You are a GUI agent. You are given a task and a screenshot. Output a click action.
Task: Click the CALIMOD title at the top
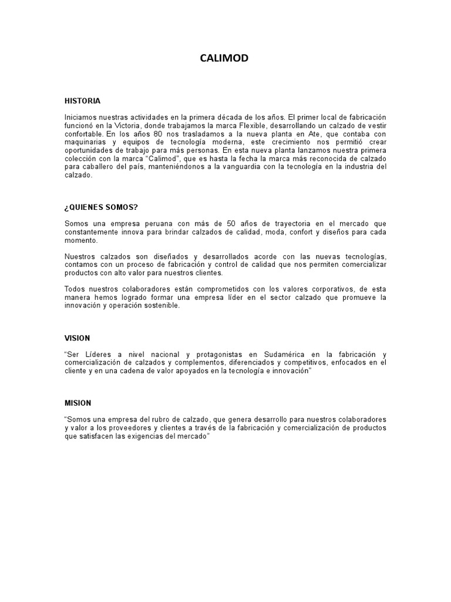[225, 58]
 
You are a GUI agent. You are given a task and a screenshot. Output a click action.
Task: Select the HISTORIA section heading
[82, 101]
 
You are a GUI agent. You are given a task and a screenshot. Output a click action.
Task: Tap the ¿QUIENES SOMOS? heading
[101, 207]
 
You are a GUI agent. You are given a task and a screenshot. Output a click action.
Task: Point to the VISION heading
[78, 338]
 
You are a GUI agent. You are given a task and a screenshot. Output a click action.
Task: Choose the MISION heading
[78, 403]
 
